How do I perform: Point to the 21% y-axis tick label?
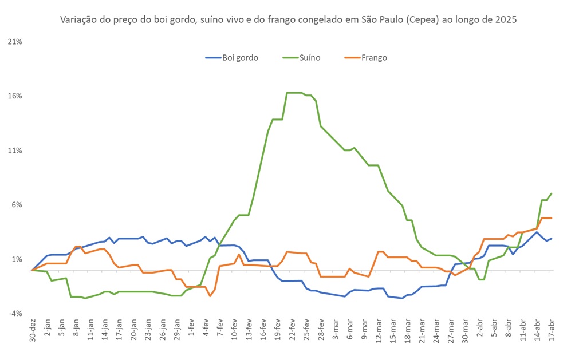15,42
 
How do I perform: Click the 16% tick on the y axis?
15,96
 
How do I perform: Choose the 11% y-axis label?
15,151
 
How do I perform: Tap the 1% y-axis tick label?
17,259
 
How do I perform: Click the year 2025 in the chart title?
506,20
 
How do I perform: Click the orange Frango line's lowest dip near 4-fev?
210,295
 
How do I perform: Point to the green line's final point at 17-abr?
551,193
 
